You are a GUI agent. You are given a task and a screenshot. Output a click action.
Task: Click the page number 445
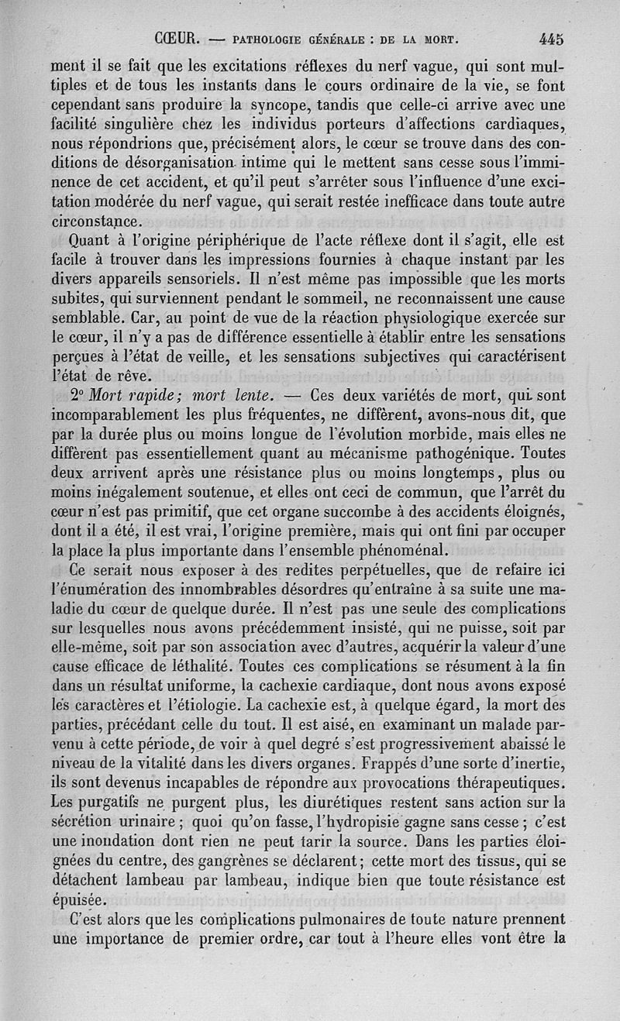pos(547,38)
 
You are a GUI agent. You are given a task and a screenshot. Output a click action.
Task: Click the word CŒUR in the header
pos(180,38)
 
